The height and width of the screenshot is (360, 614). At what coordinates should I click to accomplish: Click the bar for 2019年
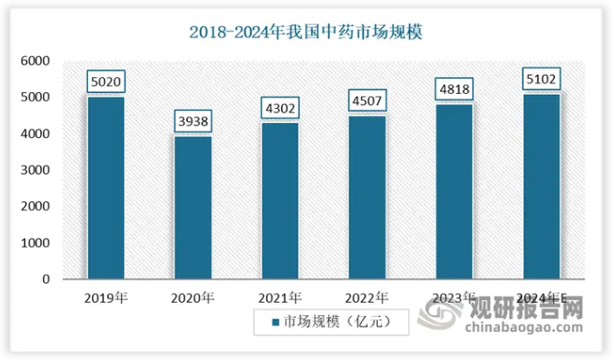[x=105, y=188]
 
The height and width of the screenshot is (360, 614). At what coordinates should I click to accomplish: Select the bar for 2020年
[x=192, y=207]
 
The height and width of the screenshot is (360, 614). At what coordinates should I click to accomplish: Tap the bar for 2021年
[x=280, y=201]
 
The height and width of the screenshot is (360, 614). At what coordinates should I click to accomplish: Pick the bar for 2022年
[x=367, y=198]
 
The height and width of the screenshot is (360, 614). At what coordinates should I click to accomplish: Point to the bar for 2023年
[x=454, y=191]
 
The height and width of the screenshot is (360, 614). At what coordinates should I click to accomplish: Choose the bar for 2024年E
[x=541, y=186]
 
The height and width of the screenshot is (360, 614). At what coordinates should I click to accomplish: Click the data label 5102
[x=541, y=81]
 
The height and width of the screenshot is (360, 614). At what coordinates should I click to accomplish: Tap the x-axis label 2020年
[x=192, y=298]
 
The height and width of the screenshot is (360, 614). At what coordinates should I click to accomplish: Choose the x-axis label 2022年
[x=367, y=298]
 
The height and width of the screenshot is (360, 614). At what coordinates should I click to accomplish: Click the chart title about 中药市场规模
[x=307, y=33]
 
